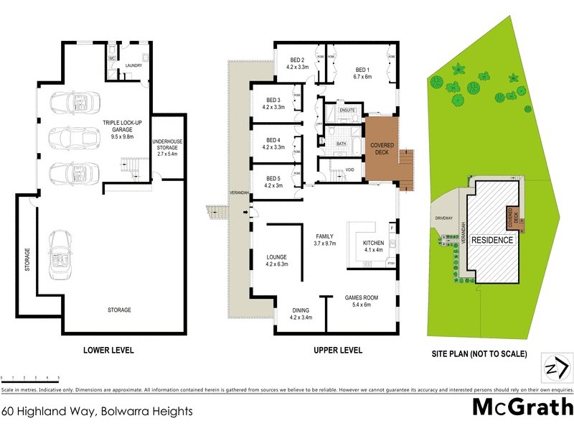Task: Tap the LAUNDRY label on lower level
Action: (x=133, y=65)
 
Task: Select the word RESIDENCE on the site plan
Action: (x=493, y=240)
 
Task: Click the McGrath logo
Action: (x=523, y=407)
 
